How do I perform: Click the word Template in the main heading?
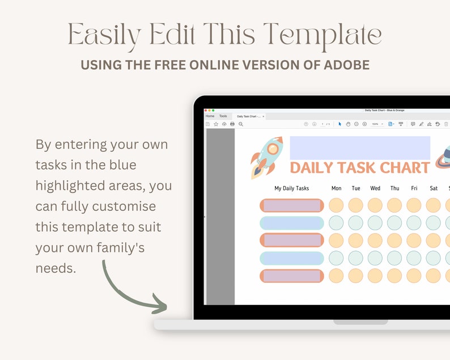tap(322, 35)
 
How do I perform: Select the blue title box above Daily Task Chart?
tap(360, 147)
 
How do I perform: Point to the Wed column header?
tap(375, 188)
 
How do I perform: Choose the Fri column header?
tap(414, 188)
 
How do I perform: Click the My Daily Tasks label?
tap(291, 188)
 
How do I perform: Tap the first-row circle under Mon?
tap(337, 205)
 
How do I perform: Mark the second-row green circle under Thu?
tap(394, 223)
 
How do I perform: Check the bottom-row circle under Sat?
tap(434, 276)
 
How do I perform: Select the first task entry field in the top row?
tap(292, 205)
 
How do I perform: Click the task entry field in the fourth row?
tap(292, 258)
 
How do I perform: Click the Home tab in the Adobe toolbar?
tap(210, 116)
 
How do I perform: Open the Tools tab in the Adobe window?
tap(223, 116)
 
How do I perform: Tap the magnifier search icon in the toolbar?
tap(241, 124)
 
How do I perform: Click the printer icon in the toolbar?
tap(232, 124)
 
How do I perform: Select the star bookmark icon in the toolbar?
tap(216, 124)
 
